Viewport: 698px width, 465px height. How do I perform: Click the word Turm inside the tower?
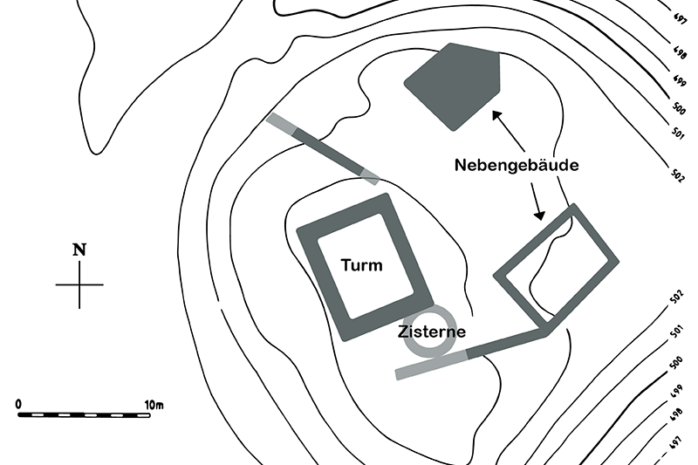point(361,265)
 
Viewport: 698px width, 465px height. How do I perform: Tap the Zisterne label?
point(431,332)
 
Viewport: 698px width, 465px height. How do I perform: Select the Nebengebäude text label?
point(517,165)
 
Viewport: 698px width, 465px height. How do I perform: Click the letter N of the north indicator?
point(79,250)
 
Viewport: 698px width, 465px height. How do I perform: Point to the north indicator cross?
point(79,284)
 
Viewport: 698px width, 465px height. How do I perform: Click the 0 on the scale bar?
point(19,404)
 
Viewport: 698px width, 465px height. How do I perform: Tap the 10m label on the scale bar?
point(154,404)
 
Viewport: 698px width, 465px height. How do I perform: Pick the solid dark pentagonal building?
point(455,85)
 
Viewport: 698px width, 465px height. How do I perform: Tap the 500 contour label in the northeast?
point(677,108)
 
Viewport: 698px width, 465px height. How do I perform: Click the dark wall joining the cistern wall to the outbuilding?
point(506,344)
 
